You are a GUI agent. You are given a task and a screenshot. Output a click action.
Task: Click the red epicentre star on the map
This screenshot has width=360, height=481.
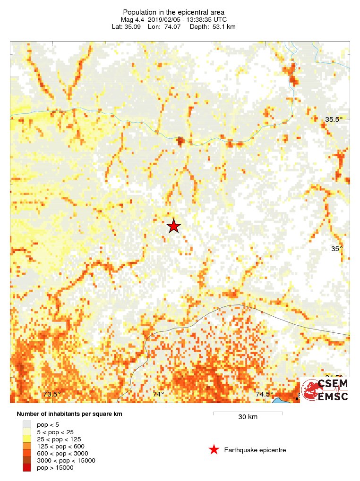[174, 226]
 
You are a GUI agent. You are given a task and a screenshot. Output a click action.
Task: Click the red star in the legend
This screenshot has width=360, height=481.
[214, 450]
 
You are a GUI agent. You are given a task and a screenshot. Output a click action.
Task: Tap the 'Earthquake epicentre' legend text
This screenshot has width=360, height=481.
[255, 450]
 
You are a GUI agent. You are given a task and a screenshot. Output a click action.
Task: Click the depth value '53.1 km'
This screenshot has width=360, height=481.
[220, 26]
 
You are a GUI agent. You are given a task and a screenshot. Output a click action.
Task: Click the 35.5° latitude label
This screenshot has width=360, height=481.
[334, 119]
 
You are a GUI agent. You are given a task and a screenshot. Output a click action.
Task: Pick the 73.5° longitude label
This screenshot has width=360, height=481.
[52, 394]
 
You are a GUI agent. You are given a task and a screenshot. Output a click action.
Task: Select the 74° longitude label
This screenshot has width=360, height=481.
[158, 394]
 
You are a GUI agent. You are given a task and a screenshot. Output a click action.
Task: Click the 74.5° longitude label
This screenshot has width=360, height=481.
[265, 394]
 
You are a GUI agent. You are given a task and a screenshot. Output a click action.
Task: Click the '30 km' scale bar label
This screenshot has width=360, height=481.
[248, 417]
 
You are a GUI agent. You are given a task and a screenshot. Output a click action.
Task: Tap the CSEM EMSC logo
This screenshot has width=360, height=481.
[326, 390]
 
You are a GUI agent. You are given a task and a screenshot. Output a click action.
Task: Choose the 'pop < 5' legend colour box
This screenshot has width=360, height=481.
[27, 425]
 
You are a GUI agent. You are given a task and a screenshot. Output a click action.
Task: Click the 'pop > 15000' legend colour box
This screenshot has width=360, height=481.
[27, 467]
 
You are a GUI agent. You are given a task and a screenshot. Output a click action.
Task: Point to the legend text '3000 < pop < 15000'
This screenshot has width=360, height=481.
[66, 460]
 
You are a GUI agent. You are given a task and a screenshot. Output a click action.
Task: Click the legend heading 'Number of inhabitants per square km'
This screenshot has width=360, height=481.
[69, 414]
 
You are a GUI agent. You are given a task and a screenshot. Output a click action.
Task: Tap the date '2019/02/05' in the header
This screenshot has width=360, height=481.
[168, 19]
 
